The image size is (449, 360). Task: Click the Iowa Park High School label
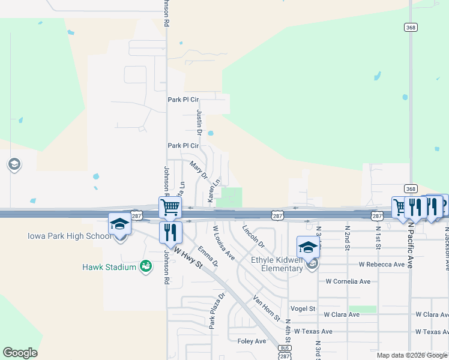pos(70,236)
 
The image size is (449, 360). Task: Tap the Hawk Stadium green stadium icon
pos(145,266)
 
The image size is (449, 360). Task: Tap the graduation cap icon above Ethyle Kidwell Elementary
pos(308,247)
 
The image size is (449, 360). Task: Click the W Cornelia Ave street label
pos(351,281)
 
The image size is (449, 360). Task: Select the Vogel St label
pos(303,308)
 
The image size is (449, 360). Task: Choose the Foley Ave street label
pos(252,341)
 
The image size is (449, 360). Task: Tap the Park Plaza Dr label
pos(215,311)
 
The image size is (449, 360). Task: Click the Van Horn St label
pos(267,308)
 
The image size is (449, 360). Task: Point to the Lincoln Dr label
pos(253,236)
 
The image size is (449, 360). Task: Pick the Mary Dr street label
pos(198,170)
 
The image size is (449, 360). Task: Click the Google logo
pos(20,353)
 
